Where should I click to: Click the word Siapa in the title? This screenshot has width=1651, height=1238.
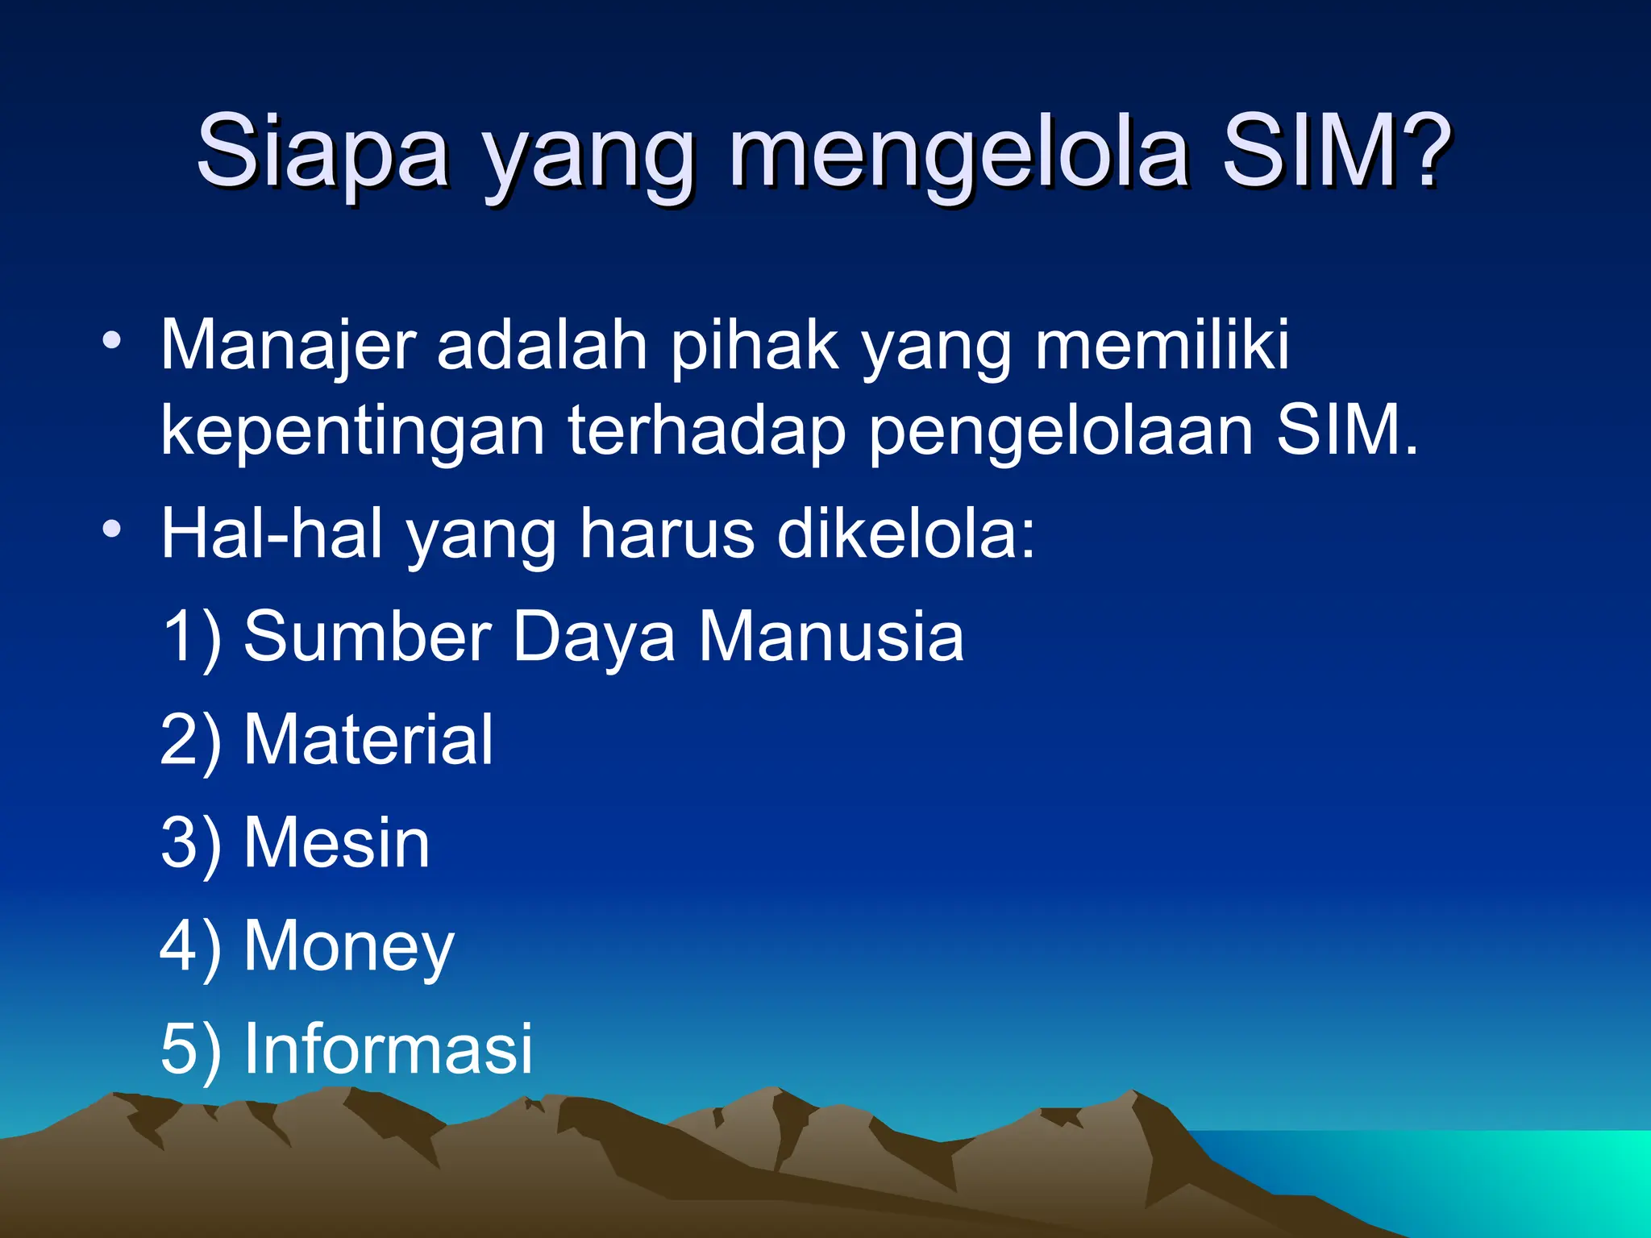322,152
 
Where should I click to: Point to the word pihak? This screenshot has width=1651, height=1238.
755,345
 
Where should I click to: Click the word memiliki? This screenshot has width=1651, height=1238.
1162,345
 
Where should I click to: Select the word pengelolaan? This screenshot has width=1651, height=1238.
1061,432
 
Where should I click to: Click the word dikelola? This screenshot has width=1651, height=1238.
905,534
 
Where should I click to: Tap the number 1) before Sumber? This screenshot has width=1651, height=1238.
190,637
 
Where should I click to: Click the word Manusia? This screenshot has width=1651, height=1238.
830,637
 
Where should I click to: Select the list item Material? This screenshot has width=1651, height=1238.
368,739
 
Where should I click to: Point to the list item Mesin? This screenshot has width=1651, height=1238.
337,842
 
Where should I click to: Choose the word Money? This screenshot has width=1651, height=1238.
349,947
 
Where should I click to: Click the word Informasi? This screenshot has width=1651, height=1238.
389,1049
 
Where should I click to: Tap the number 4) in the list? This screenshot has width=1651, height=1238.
190,945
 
